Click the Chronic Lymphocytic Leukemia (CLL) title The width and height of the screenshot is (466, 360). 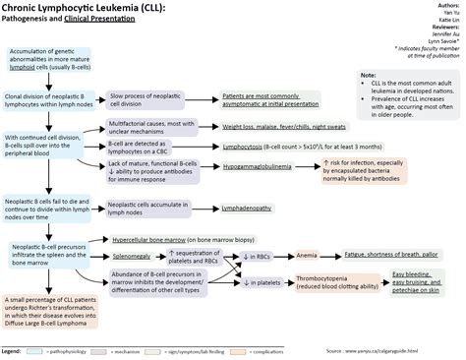(x=83, y=8)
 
